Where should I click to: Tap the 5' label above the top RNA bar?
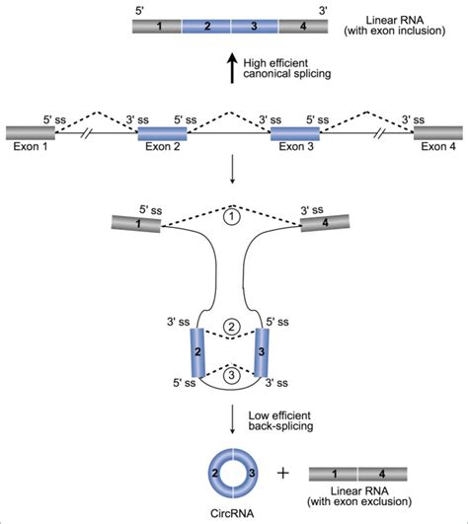coord(140,7)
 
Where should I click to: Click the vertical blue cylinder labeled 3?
coord(263,350)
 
